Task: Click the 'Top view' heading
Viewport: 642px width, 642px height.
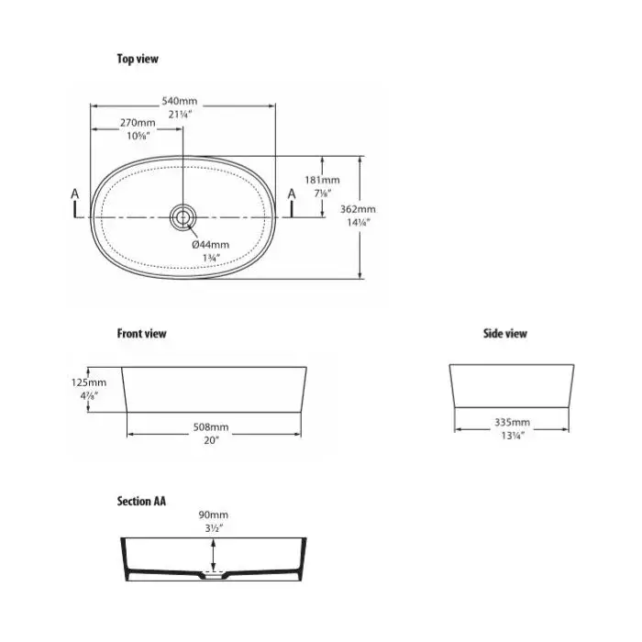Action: pyautogui.click(x=138, y=59)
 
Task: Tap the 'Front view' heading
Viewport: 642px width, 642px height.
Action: pyautogui.click(x=141, y=333)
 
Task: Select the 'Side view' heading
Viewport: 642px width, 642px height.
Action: pyautogui.click(x=504, y=333)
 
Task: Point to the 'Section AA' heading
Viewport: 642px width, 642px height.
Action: pyautogui.click(x=141, y=501)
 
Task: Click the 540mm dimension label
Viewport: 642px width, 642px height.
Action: pyautogui.click(x=180, y=101)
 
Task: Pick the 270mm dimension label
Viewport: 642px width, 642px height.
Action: pyautogui.click(x=138, y=122)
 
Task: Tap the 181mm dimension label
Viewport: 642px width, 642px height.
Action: pyautogui.click(x=322, y=180)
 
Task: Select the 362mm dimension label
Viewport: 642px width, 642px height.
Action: pyautogui.click(x=358, y=209)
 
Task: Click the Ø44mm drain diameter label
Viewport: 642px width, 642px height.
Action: pyautogui.click(x=210, y=245)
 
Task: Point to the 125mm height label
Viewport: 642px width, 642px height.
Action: pyautogui.click(x=89, y=382)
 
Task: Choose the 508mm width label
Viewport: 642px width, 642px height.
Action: pyautogui.click(x=211, y=427)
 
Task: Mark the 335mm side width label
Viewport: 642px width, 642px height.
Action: pyautogui.click(x=512, y=422)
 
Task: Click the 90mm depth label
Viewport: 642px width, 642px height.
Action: pyautogui.click(x=214, y=515)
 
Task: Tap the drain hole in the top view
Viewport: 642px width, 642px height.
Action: pyautogui.click(x=183, y=216)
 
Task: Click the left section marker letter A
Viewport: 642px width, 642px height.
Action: pyautogui.click(x=74, y=194)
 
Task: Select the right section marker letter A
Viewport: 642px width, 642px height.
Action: pyautogui.click(x=292, y=194)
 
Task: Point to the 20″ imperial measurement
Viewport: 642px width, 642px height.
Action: pyautogui.click(x=211, y=440)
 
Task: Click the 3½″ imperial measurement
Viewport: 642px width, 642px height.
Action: pyautogui.click(x=214, y=528)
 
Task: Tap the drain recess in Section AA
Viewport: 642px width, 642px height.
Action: pyautogui.click(x=213, y=575)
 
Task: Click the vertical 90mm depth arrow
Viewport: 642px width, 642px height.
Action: pyautogui.click(x=213, y=555)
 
